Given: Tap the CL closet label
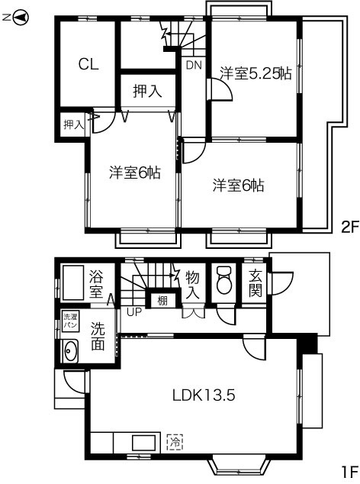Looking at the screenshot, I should click(88, 64).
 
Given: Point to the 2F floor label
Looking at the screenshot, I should click(349, 227).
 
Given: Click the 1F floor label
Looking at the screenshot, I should click(349, 471).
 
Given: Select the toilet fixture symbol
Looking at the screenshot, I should click(223, 282).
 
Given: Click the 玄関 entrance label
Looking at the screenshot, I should click(256, 282).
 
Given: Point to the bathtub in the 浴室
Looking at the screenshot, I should click(74, 282).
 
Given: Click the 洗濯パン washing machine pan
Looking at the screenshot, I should click(69, 321).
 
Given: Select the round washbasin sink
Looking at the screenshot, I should click(71, 352).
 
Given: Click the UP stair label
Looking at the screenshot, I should click(134, 311).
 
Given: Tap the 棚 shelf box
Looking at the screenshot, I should click(162, 300).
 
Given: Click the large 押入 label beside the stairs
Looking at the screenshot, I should click(148, 92).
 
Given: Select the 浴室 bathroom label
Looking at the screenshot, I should click(97, 282).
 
